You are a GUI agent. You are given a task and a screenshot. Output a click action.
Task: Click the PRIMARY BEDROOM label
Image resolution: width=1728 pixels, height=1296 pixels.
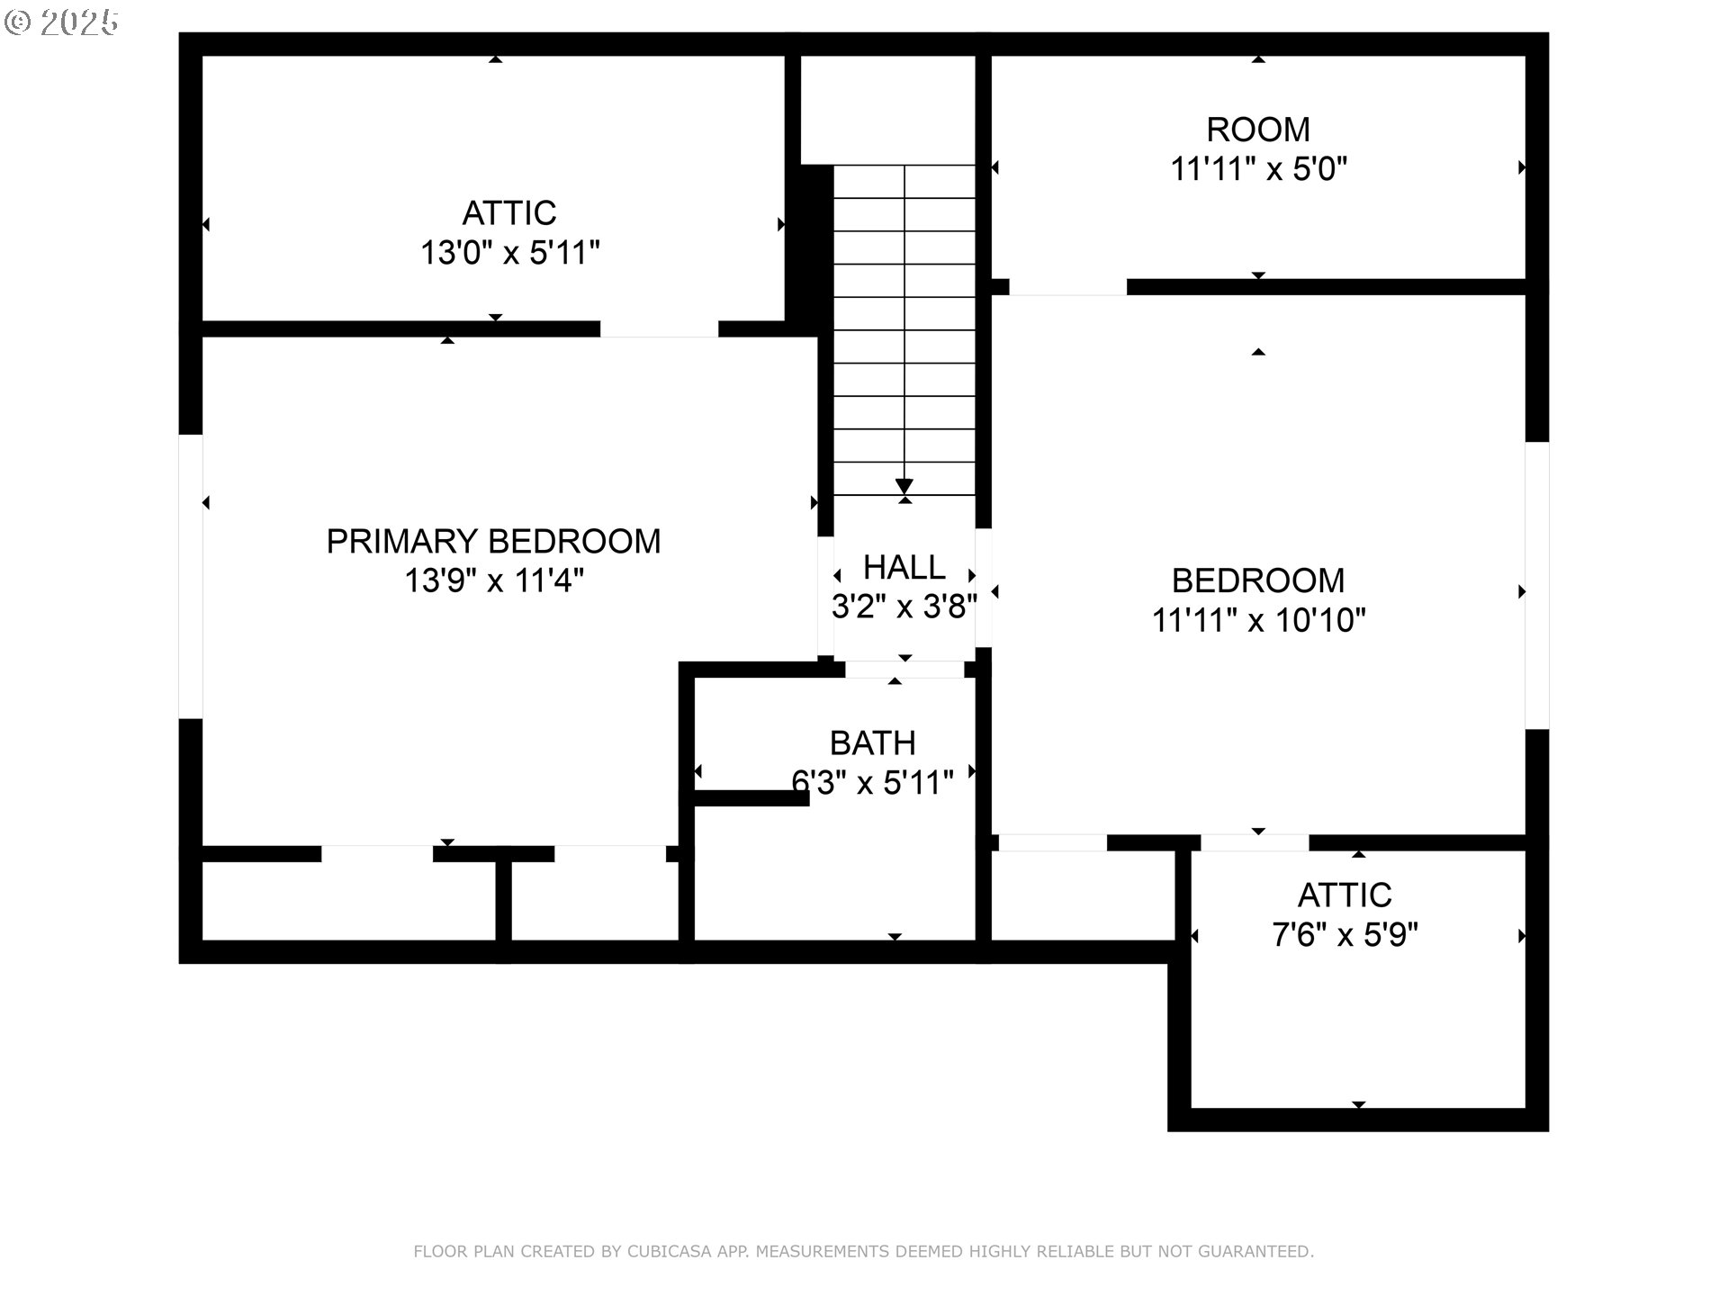coord(493,541)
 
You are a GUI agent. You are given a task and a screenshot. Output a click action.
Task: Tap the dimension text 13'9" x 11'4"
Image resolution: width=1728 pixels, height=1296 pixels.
coord(494,580)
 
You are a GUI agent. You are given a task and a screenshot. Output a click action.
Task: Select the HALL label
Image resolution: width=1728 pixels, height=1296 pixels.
coord(904,567)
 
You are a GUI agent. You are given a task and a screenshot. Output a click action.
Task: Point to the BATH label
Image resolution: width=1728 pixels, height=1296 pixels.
coord(873,743)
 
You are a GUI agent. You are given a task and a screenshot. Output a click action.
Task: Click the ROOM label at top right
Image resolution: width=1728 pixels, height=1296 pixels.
coord(1258,130)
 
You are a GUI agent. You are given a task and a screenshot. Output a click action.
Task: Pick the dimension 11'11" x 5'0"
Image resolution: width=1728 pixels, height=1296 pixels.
coord(1258,169)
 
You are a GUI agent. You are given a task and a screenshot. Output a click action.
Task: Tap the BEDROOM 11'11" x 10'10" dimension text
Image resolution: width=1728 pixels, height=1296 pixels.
coord(1259,620)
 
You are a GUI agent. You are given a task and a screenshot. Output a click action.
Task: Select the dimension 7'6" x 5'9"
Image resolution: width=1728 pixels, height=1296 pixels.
coord(1345,935)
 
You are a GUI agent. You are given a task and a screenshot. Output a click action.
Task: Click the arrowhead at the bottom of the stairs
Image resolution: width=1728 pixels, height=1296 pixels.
coord(904,487)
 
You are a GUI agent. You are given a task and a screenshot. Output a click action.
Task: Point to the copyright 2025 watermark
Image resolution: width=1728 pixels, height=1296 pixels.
coord(61,22)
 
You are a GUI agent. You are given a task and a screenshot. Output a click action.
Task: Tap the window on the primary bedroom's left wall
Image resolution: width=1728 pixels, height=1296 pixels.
coord(191,577)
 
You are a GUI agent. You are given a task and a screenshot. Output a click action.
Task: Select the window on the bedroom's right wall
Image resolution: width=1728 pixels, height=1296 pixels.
coord(1536,585)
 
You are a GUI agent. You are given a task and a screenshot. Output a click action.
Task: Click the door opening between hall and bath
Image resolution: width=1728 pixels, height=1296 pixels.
coord(904,670)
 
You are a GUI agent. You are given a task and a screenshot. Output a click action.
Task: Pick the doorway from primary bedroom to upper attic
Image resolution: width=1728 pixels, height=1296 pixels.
coord(660,329)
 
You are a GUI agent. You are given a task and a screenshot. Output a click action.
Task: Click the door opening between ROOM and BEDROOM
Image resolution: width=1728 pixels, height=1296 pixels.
coord(1067,287)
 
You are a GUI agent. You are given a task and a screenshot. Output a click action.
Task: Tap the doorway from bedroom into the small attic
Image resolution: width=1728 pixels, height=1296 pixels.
coord(1255,843)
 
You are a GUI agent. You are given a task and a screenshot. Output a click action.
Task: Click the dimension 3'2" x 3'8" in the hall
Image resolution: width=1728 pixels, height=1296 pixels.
coord(904,607)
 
